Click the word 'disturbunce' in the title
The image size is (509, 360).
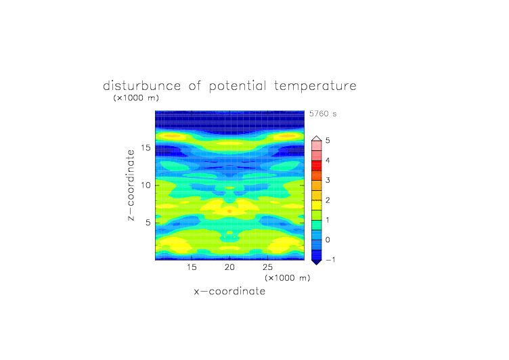pyautogui.click(x=141, y=86)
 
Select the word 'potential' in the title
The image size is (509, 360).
pyautogui.click(x=238, y=87)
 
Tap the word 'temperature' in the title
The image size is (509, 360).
pyautogui.click(x=315, y=87)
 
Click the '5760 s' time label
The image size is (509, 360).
pyautogui.click(x=323, y=114)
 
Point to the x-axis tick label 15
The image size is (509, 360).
pyautogui.click(x=192, y=267)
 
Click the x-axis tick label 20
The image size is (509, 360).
pyautogui.click(x=229, y=267)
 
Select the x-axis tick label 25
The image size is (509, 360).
pyautogui.click(x=267, y=267)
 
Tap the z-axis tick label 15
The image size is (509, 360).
pyautogui.click(x=146, y=148)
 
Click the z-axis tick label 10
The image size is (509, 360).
pyautogui.click(x=146, y=185)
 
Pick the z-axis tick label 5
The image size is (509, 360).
pyautogui.click(x=148, y=223)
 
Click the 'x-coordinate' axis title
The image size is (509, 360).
pyautogui.click(x=229, y=291)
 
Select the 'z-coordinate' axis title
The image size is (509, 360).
pyautogui.click(x=131, y=185)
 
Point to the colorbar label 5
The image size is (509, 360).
pyautogui.click(x=328, y=141)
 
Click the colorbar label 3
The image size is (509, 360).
pyautogui.click(x=328, y=180)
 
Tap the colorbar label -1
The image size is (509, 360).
pyautogui.click(x=330, y=260)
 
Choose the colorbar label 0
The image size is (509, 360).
pyautogui.click(x=328, y=240)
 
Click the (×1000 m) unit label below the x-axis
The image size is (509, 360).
pyautogui.click(x=288, y=278)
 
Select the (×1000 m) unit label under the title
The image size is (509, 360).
pyautogui.click(x=136, y=98)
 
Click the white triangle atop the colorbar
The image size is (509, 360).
pyautogui.click(x=317, y=139)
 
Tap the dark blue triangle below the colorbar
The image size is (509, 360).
pyautogui.click(x=317, y=262)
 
